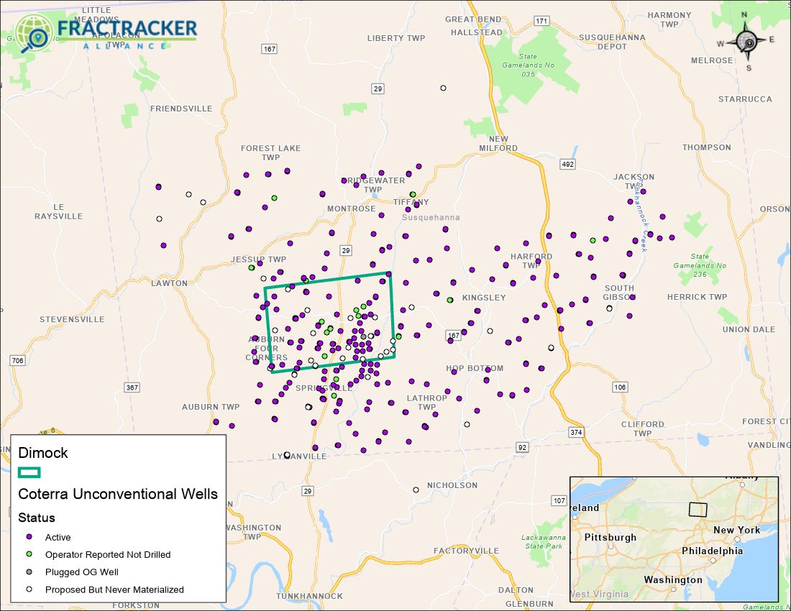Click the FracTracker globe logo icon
(33, 33)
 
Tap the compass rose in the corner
(749, 42)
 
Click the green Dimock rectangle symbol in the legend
(29, 472)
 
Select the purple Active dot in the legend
(29, 537)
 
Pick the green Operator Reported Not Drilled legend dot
(29, 554)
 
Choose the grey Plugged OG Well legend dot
(29, 572)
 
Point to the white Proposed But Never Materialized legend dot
(29, 589)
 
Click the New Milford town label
(498, 144)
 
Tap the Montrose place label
(352, 208)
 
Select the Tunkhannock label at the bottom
(309, 597)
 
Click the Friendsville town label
(181, 109)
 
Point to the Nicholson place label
(452, 485)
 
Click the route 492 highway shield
(568, 165)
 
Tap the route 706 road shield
(19, 360)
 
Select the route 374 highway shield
(575, 432)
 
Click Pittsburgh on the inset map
(611, 537)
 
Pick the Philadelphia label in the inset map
(712, 551)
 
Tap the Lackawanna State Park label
(544, 541)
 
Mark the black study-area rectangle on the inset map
(698, 508)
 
